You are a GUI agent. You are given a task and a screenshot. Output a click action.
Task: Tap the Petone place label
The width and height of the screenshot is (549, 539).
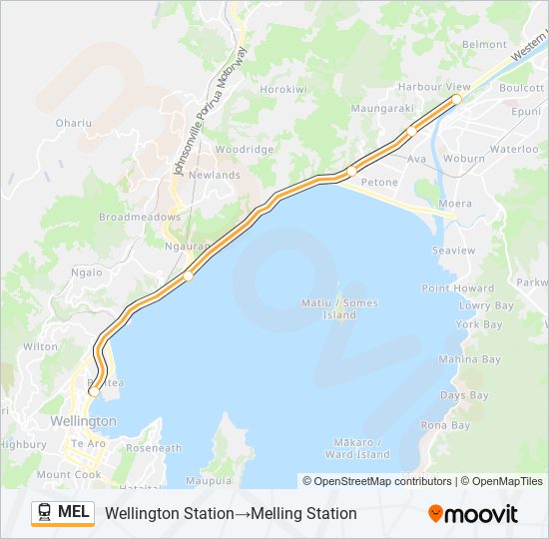coord(378,183)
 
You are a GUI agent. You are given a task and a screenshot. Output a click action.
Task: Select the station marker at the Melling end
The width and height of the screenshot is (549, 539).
coord(456,100)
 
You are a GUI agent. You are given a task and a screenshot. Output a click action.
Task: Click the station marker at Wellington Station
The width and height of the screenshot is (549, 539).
coord(94,391)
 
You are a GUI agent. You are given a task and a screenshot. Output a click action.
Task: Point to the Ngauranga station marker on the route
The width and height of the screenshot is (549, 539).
coord(188,276)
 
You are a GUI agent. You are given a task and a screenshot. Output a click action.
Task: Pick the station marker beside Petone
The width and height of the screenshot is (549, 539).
coord(351,172)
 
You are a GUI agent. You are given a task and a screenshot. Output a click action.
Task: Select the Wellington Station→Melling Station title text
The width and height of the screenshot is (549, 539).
coord(231,514)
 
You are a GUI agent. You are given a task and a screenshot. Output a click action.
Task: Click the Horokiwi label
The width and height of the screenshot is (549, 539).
coord(281,89)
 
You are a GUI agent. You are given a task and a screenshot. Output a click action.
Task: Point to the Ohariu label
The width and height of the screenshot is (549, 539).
coord(74,123)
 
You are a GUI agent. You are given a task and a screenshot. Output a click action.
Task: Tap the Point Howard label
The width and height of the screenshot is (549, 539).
coord(457,288)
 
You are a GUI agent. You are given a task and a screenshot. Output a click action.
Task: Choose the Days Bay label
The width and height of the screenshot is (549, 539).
coord(464,395)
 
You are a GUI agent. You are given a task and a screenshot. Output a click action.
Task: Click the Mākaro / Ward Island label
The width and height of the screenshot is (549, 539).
coord(357,448)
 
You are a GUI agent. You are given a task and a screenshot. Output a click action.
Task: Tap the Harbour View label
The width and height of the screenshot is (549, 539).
coord(434,87)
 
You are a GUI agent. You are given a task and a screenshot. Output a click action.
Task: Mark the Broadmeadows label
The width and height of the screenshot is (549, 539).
coord(140,217)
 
